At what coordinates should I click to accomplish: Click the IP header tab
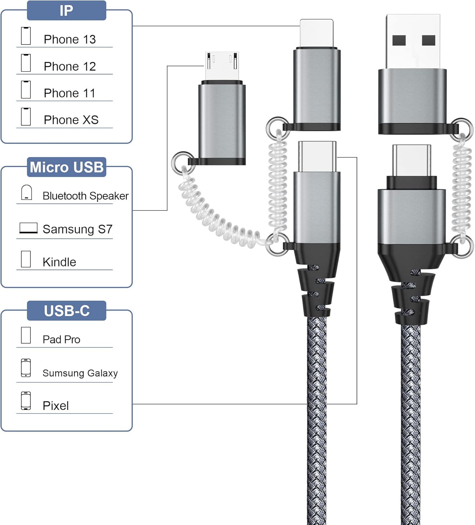pyautogui.click(x=67, y=10)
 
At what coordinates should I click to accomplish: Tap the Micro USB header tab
pyautogui.click(x=67, y=167)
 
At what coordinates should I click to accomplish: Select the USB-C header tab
pyautogui.click(x=67, y=311)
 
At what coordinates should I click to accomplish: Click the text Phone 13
pyautogui.click(x=70, y=39)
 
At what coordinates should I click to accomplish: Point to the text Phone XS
pyautogui.click(x=71, y=120)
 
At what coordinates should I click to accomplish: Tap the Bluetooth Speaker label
pyautogui.click(x=86, y=196)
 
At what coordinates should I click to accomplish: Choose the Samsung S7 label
pyautogui.click(x=77, y=229)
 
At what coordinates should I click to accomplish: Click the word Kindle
pyautogui.click(x=59, y=262)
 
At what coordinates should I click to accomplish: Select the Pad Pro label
pyautogui.click(x=61, y=339)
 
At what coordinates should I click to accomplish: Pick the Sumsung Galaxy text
pyautogui.click(x=80, y=373)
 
